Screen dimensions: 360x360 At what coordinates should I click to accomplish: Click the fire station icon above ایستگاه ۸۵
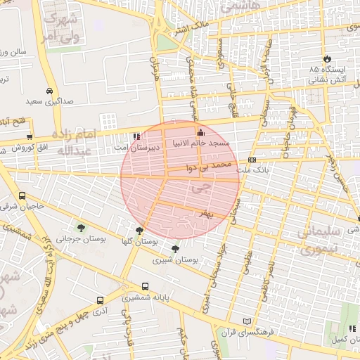point(326,58)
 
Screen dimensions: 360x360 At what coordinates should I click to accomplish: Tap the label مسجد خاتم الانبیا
point(210,143)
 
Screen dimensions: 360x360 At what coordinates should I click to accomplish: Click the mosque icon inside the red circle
point(200,132)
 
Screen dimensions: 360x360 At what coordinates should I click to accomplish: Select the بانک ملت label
point(252,170)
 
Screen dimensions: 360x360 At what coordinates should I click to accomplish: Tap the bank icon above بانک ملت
point(252,160)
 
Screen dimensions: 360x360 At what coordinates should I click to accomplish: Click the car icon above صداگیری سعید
point(49,91)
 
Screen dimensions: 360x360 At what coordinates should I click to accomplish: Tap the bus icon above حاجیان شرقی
point(22,196)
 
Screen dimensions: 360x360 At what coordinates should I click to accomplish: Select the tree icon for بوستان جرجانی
point(81,228)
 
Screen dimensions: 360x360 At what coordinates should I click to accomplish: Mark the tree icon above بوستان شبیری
point(175,248)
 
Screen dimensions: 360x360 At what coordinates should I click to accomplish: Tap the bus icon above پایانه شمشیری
point(145,286)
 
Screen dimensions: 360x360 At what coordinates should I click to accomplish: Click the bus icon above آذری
point(99,300)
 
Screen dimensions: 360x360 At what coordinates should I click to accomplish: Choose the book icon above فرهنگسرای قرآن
point(245,321)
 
